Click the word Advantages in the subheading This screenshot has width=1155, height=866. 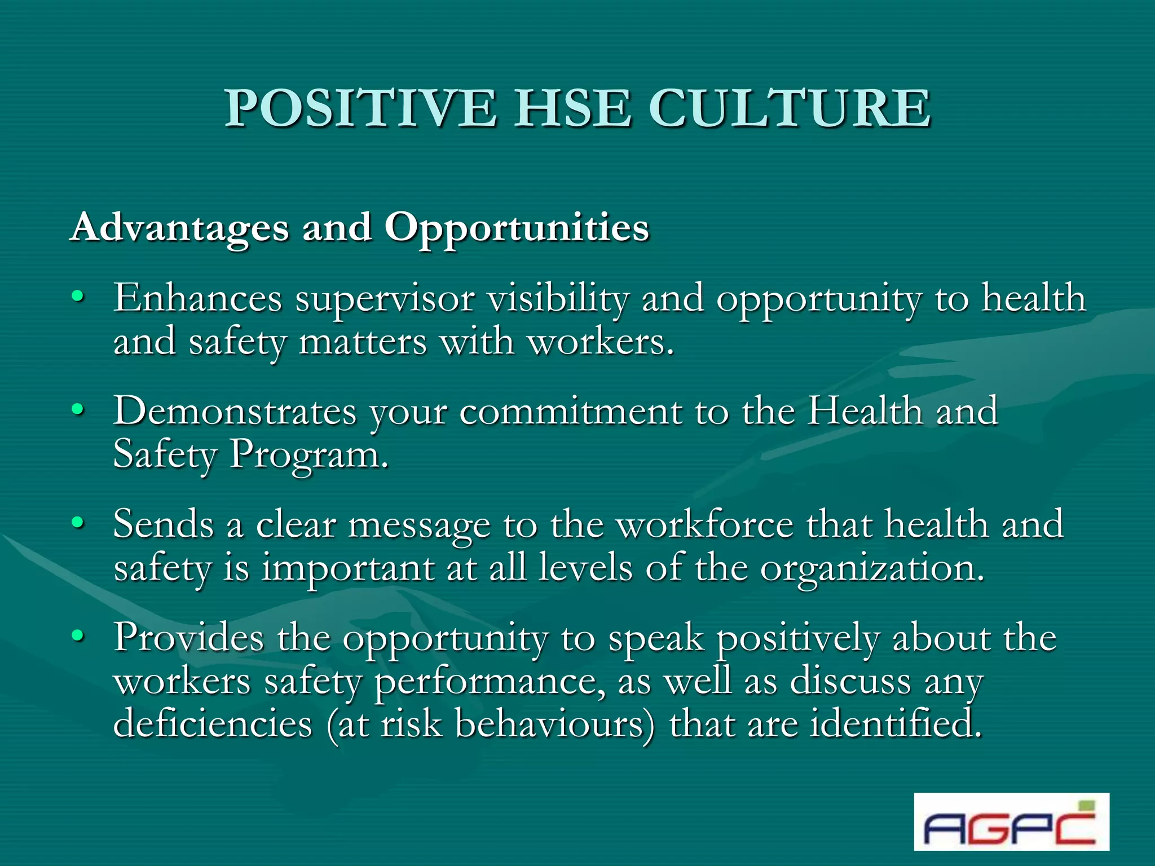pyautogui.click(x=179, y=228)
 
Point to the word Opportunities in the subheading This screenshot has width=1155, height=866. pyautogui.click(x=517, y=228)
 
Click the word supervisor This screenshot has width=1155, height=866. pyautogui.click(x=385, y=299)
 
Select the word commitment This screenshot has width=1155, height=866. pyautogui.click(x=571, y=412)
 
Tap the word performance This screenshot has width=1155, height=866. pyautogui.click(x=490, y=682)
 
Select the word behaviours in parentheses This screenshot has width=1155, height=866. pyautogui.click(x=550, y=724)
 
